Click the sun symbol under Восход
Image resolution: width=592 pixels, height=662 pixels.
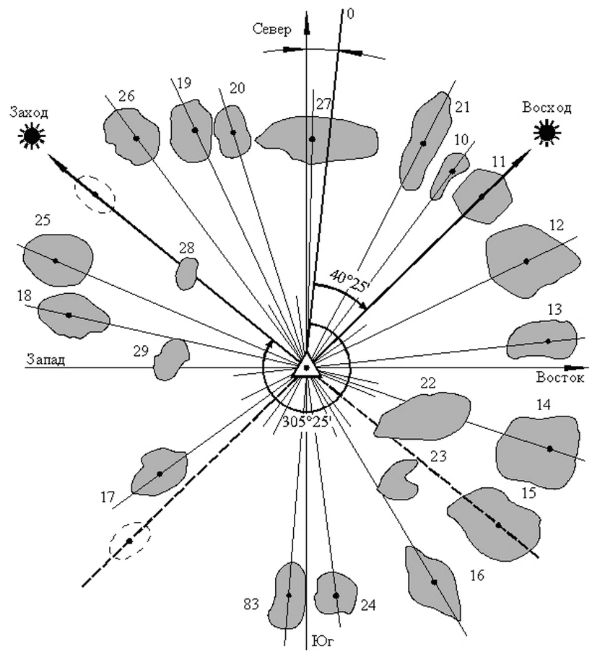[x=546, y=132]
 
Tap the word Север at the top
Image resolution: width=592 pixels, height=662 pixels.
[x=271, y=30]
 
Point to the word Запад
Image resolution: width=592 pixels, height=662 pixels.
[x=46, y=360]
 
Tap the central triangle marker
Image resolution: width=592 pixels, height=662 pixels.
[x=306, y=367]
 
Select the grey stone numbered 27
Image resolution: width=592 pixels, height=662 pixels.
[x=316, y=139]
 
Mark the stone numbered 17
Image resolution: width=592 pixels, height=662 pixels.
[x=160, y=473]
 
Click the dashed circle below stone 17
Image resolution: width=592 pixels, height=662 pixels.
[x=129, y=541]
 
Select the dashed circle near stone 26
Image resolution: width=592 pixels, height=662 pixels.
[x=95, y=194]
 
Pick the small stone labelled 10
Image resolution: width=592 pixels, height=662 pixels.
[x=450, y=173]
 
